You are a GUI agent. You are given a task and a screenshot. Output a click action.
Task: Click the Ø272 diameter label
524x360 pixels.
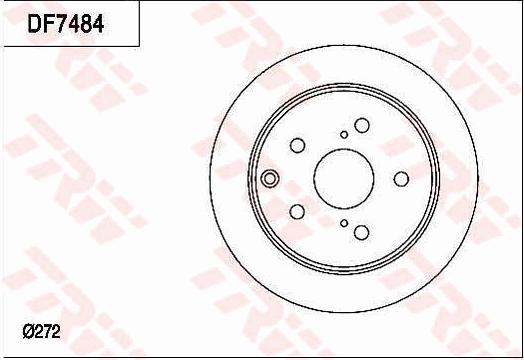pyautogui.click(x=41, y=331)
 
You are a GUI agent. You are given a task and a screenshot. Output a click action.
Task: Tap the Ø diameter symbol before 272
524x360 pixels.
pyautogui.click(x=27, y=331)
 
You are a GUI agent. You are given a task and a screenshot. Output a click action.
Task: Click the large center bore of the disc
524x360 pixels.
pyautogui.click(x=343, y=178)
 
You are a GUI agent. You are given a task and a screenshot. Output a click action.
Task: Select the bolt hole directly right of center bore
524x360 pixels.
pyautogui.click(x=401, y=178)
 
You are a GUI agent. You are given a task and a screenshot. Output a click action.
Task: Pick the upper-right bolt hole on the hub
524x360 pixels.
pyautogui.click(x=361, y=125)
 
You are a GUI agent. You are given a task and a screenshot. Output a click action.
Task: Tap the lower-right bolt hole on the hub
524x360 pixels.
pyautogui.click(x=361, y=232)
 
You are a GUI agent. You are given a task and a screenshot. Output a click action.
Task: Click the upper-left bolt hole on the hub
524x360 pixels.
pyautogui.click(x=297, y=145)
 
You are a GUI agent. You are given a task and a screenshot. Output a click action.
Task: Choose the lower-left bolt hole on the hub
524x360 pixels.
pyautogui.click(x=297, y=211)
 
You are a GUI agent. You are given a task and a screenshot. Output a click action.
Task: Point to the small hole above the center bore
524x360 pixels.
pyautogui.click(x=344, y=134)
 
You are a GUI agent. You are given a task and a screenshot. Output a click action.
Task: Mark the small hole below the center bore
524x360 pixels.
pyautogui.click(x=344, y=224)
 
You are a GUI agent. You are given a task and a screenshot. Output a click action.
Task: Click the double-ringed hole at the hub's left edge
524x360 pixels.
pyautogui.click(x=269, y=180)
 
